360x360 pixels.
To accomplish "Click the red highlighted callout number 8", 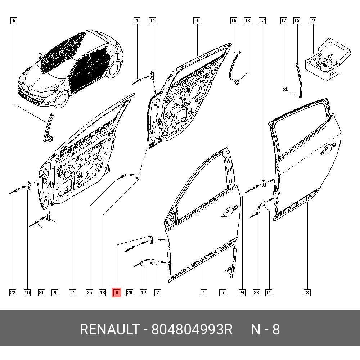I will click(x=117, y=293).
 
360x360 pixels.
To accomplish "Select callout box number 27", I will click(x=313, y=21).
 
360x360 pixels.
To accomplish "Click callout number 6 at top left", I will click(x=14, y=21).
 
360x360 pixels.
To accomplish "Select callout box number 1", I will click(x=204, y=293).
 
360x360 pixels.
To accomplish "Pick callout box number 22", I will click(x=13, y=293).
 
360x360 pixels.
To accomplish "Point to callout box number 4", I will click(x=197, y=21).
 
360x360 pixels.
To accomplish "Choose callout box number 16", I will click(x=234, y=21).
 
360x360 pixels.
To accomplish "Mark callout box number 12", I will click(x=262, y=21).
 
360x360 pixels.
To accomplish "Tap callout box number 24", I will click(x=242, y=293).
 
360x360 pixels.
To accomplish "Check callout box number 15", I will click(x=297, y=21).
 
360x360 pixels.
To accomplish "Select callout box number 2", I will click(x=72, y=293).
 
